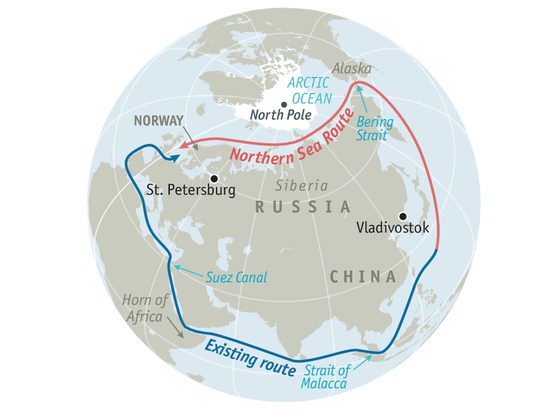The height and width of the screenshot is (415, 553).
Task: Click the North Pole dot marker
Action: (284, 104)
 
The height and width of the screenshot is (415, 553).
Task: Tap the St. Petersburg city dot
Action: (213, 178)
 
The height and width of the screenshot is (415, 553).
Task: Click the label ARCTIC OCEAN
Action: (310, 91)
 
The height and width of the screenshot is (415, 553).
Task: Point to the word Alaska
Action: (352, 69)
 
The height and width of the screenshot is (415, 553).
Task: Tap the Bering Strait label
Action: (372, 128)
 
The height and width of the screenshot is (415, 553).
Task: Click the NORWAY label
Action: (156, 120)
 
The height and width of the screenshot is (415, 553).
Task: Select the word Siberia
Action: (301, 185)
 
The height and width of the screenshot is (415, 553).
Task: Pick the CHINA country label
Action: (363, 276)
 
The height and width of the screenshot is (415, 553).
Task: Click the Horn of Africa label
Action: (145, 307)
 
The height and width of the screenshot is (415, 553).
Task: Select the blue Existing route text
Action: (249, 357)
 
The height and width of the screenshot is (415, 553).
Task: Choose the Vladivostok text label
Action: (393, 228)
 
